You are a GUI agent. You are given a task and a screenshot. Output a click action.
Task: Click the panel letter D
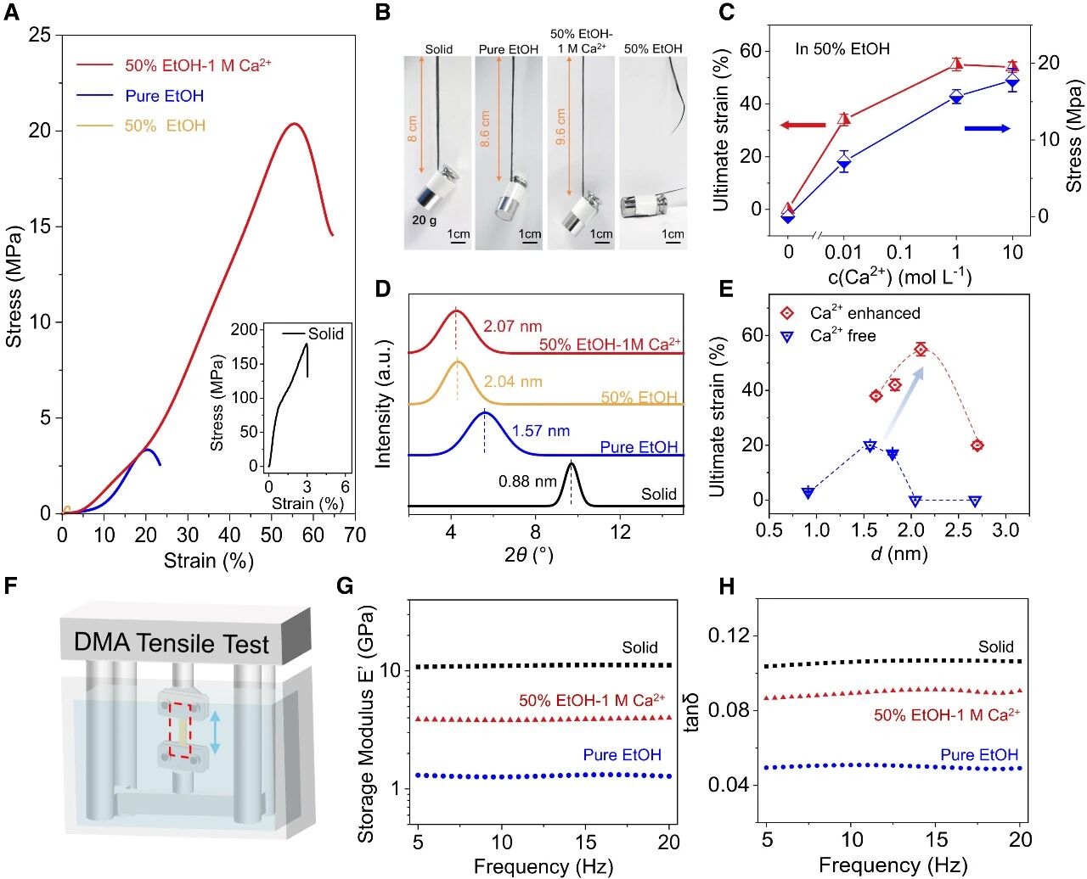tap(383, 288)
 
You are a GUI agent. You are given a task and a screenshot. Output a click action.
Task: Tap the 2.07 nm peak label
tap(512, 326)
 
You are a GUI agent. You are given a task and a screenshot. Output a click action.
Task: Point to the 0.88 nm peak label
tap(527, 481)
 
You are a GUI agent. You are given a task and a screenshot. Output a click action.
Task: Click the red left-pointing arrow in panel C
tap(803, 126)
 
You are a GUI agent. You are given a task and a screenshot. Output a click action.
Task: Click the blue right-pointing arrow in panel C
tap(987, 128)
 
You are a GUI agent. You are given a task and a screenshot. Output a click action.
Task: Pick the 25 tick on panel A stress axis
tap(39, 35)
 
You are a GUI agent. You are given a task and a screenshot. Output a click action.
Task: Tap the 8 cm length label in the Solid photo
tap(413, 127)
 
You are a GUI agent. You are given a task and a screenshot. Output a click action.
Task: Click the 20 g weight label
tap(424, 220)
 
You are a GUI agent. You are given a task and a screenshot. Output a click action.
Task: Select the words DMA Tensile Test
tap(172, 643)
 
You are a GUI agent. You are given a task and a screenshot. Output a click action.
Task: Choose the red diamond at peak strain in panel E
tap(921, 349)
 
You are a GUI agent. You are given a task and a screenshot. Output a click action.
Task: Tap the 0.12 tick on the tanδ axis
tap(731, 635)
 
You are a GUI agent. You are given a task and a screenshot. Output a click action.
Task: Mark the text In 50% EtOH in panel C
tap(842, 49)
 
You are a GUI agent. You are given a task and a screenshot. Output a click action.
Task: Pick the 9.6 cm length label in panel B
tap(560, 127)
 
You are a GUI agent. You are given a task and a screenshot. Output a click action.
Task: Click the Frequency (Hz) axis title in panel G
tap(543, 866)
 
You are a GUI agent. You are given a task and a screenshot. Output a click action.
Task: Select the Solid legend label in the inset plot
tap(325, 333)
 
